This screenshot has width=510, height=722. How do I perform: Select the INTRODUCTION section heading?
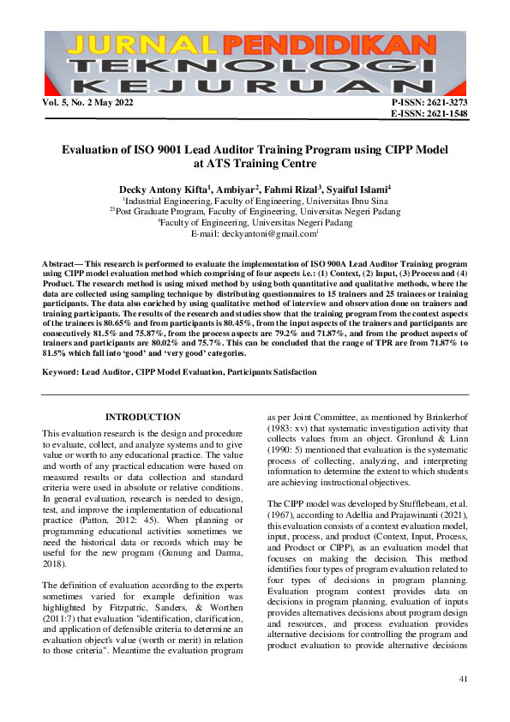coord(142,417)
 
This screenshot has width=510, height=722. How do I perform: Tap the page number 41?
coord(464,679)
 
